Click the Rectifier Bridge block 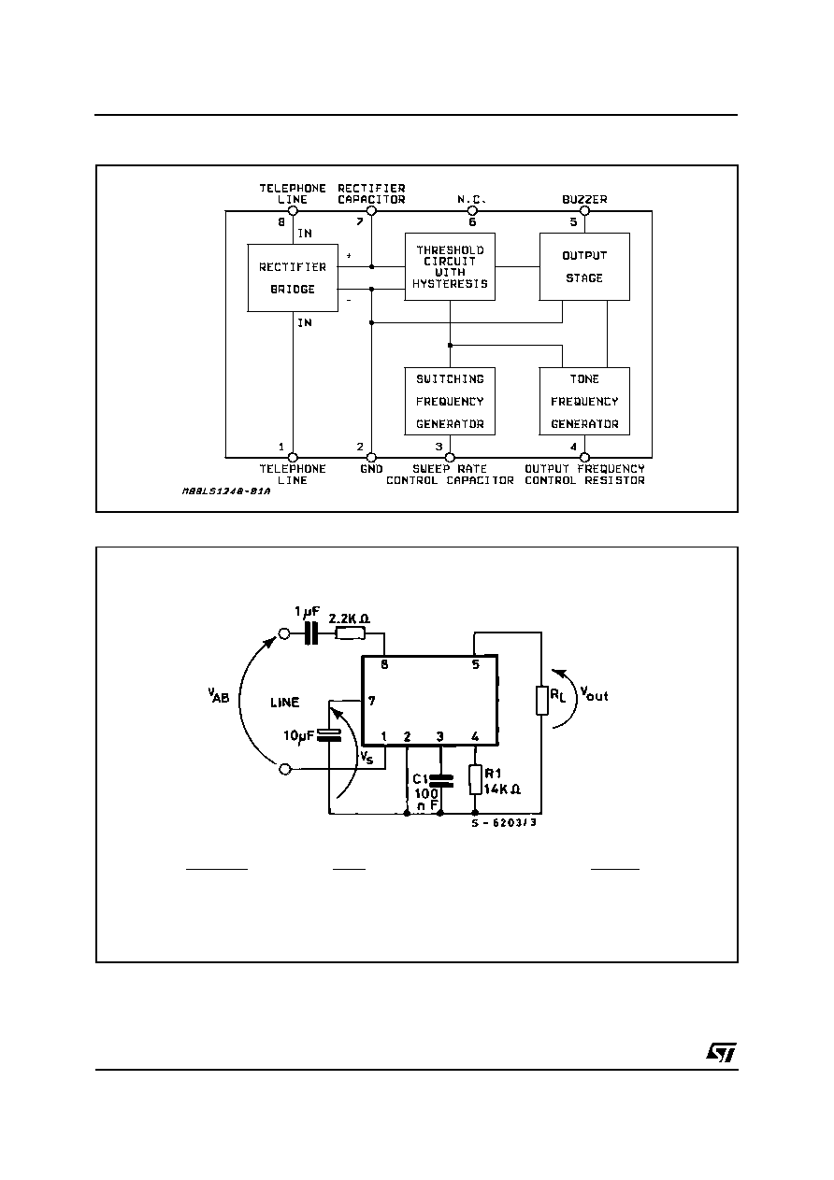(x=293, y=277)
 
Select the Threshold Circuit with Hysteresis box (x=450, y=266)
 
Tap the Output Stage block (x=584, y=266)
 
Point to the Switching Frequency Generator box (x=450, y=401)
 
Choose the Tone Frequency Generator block (x=584, y=401)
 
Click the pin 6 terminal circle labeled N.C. (x=472, y=211)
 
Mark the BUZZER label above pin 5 (x=584, y=199)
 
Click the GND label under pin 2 (x=371, y=469)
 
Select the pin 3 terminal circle (x=450, y=457)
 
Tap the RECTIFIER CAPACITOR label (x=371, y=193)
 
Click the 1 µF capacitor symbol (x=312, y=633)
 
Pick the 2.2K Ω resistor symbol (x=350, y=633)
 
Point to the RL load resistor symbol (x=541, y=700)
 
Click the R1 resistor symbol (x=475, y=779)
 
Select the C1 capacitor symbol (x=440, y=781)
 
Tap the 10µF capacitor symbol (x=329, y=735)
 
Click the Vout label (x=594, y=694)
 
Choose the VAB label (x=218, y=695)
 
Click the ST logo (x=721, y=1053)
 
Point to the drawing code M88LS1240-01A (x=226, y=491)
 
